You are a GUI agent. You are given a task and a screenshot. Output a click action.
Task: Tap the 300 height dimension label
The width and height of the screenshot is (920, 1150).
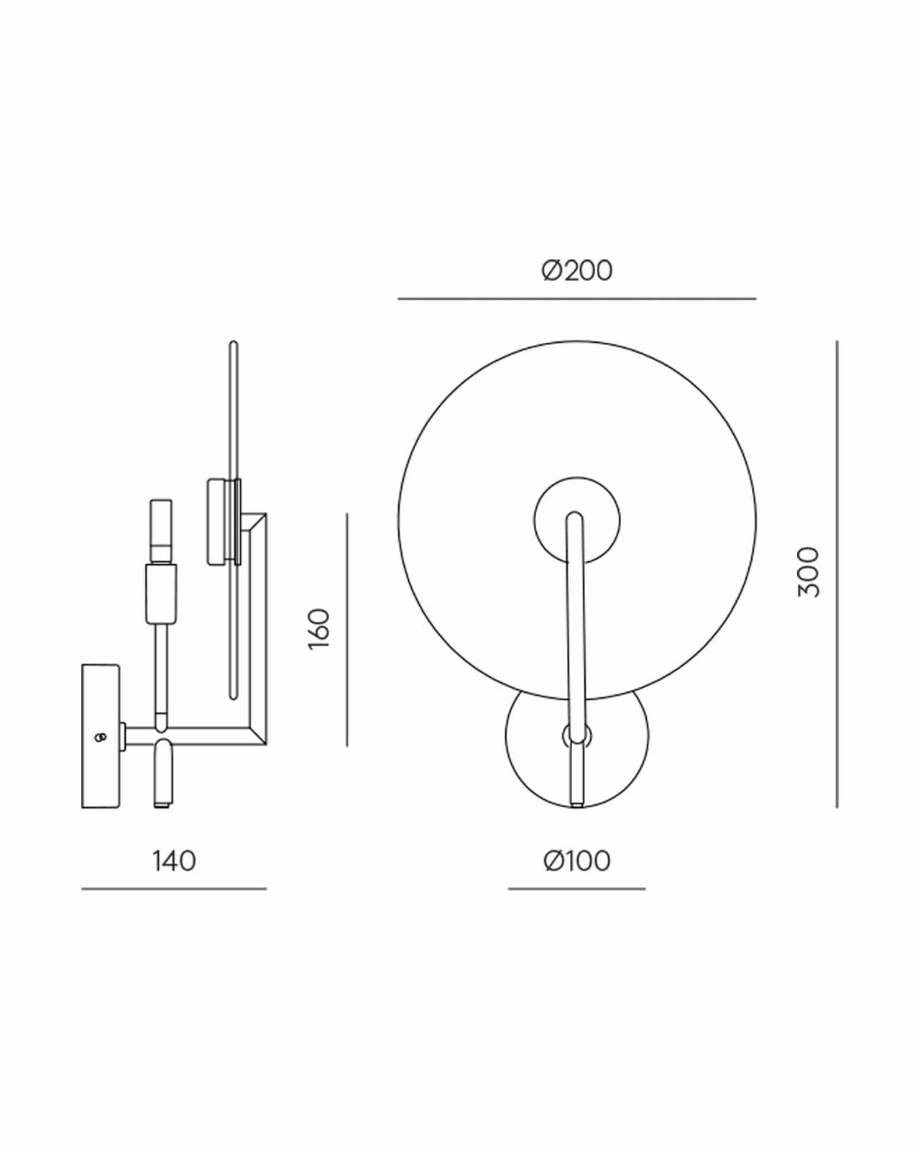tap(809, 572)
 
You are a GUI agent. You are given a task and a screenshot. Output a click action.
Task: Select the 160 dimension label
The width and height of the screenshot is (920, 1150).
tap(319, 628)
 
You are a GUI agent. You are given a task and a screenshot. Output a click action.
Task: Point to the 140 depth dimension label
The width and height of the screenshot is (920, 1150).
tap(174, 861)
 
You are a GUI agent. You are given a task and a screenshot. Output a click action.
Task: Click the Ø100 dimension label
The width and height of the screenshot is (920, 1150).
tap(577, 861)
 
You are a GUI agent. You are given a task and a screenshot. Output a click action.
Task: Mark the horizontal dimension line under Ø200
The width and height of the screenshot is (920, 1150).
tap(577, 299)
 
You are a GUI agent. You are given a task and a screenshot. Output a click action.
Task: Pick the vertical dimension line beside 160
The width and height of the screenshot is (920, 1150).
tap(346, 630)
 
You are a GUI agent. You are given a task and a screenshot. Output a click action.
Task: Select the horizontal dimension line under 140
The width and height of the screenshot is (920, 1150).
tap(174, 888)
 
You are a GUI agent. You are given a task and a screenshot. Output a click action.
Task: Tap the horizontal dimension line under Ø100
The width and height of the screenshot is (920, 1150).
tap(577, 888)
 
